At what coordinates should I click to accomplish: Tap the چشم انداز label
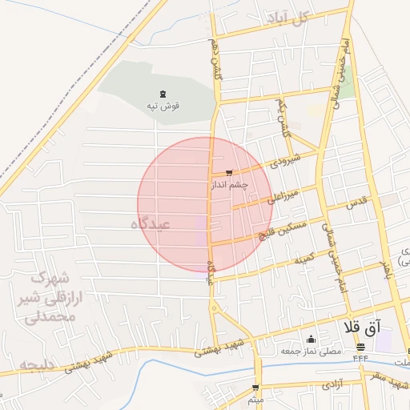[230, 184]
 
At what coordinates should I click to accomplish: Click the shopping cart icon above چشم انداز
[230, 173]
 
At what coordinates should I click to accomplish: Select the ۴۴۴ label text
[360, 357]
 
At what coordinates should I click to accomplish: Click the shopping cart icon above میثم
[256, 388]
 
